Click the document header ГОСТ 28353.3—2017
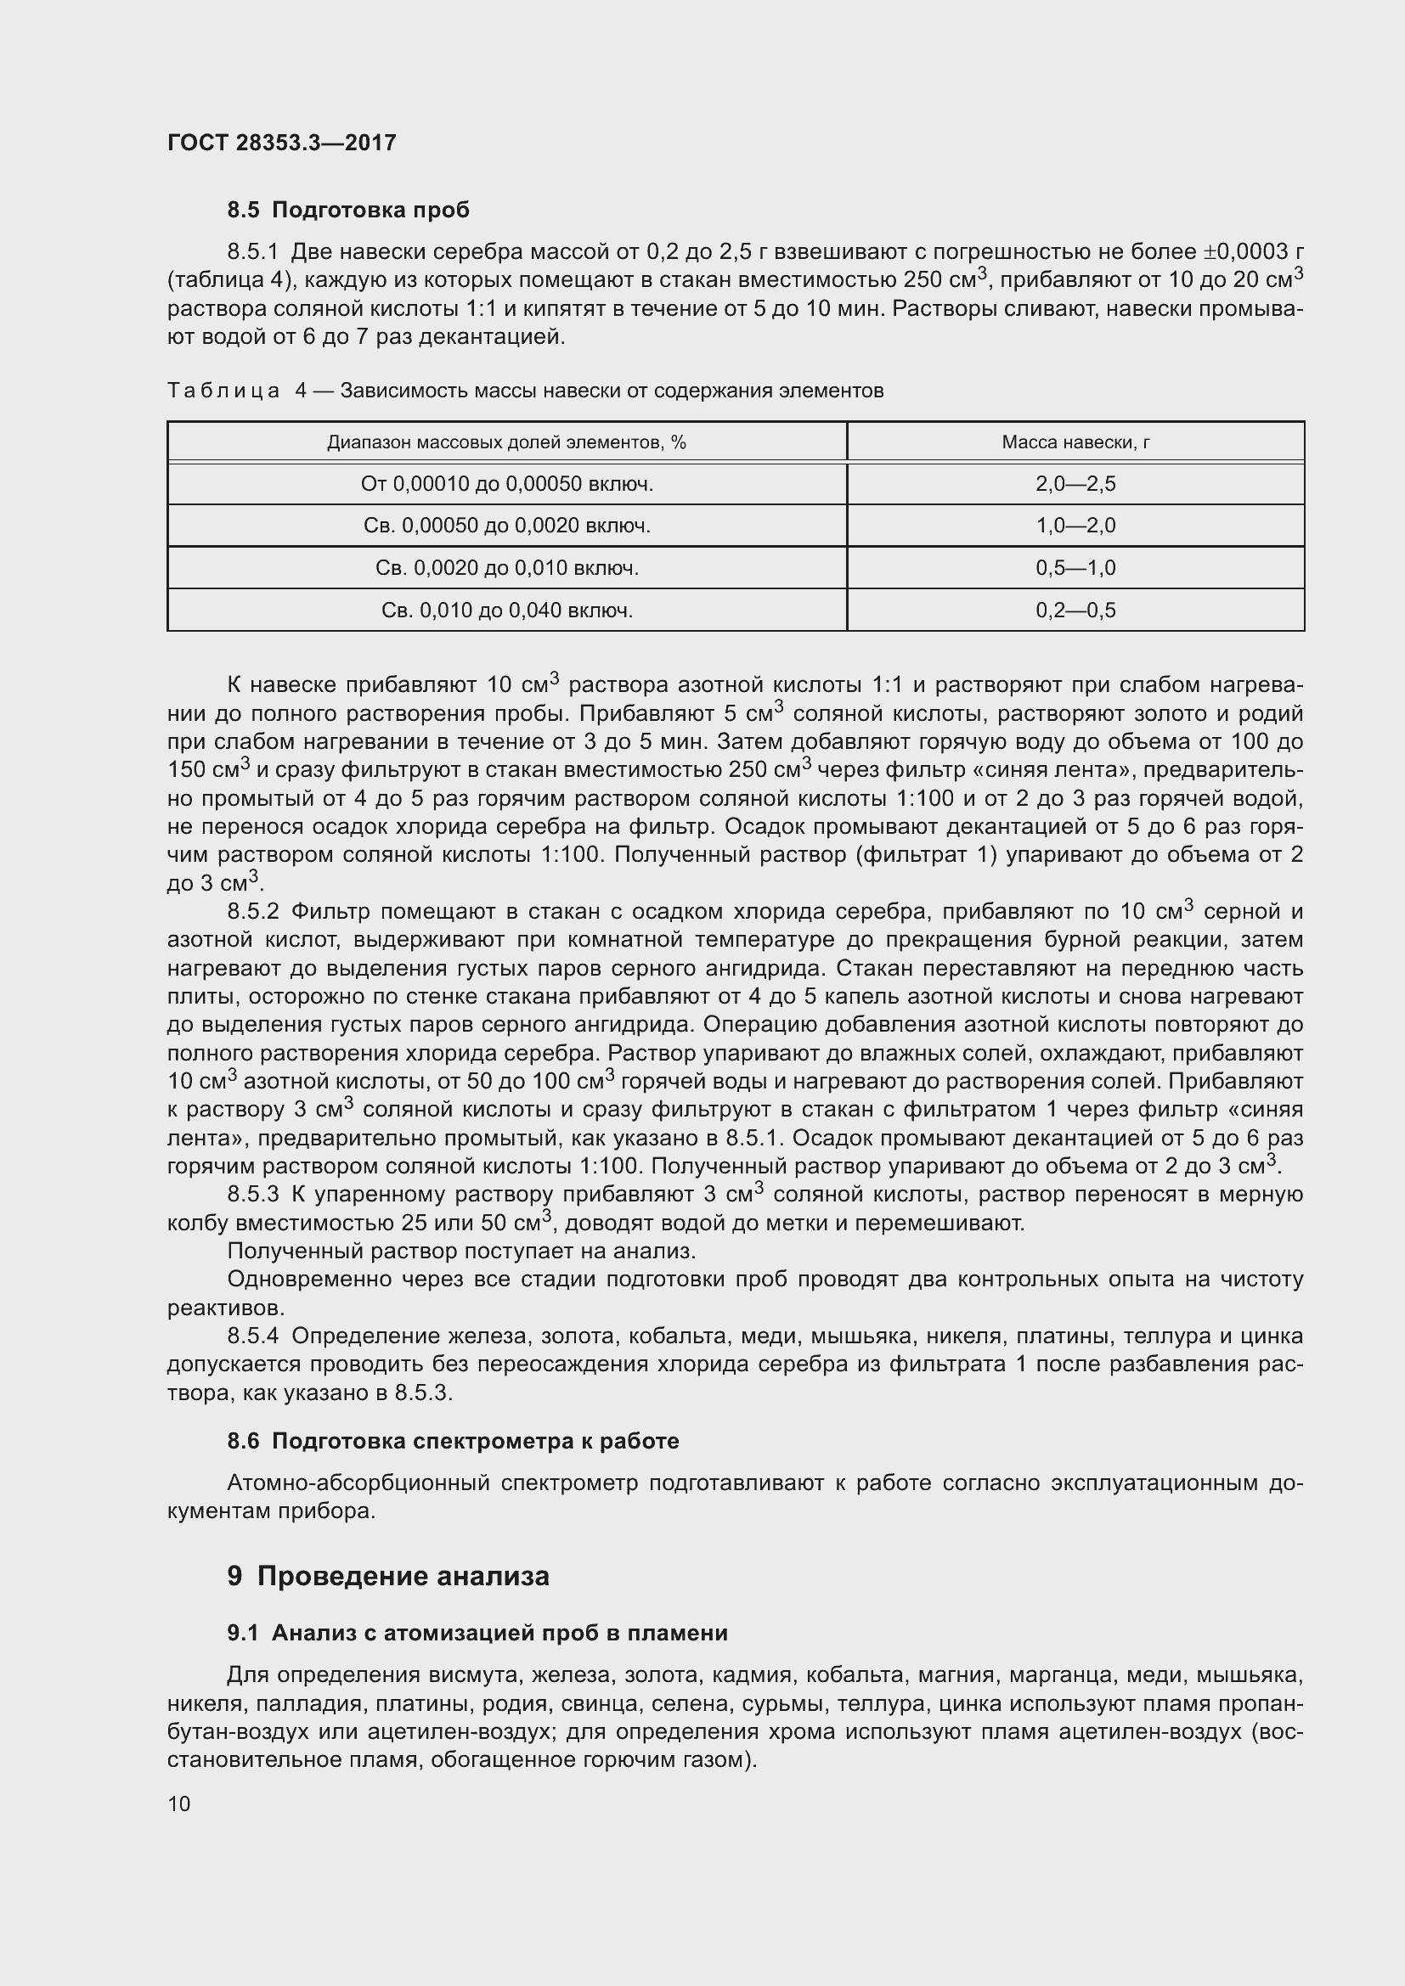[x=281, y=143]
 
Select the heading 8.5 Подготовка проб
[x=347, y=210]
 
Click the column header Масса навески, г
[x=1075, y=442]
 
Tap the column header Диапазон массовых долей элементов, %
[x=506, y=442]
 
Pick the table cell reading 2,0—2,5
[x=1075, y=483]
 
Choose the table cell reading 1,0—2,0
[x=1075, y=525]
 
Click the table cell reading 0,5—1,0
[x=1075, y=567]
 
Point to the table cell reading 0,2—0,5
[x=1075, y=610]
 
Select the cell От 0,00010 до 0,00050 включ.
[x=506, y=483]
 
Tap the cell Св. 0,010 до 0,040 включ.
[x=506, y=610]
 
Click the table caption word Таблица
[x=223, y=391]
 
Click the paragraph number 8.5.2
[x=252, y=912]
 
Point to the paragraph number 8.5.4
[x=252, y=1336]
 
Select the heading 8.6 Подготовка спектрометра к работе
[x=453, y=1441]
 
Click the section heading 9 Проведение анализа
[x=387, y=1576]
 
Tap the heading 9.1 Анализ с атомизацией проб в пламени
[x=477, y=1633]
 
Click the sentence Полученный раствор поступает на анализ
[x=461, y=1252]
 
